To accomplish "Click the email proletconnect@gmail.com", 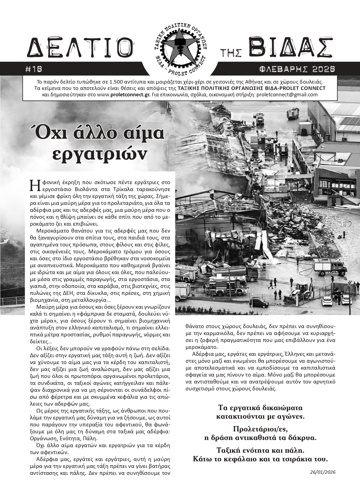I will tap(287, 95).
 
